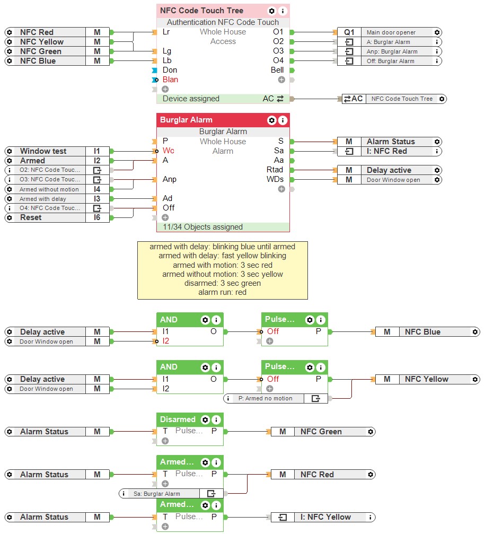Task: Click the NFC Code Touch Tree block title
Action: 201,11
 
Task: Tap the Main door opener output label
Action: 391,32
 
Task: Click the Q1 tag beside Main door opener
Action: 349,32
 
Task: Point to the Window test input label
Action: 43,151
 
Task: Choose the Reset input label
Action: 30,217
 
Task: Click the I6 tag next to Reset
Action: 97,217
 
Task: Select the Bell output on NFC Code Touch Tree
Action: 277,70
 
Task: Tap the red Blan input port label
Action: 170,80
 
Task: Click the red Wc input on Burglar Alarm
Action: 168,151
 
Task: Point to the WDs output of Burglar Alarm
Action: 275,179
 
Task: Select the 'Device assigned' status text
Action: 191,99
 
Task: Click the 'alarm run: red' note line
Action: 222,292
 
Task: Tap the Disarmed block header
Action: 178,419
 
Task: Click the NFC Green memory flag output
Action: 321,432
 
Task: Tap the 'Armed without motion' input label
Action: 49,189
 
